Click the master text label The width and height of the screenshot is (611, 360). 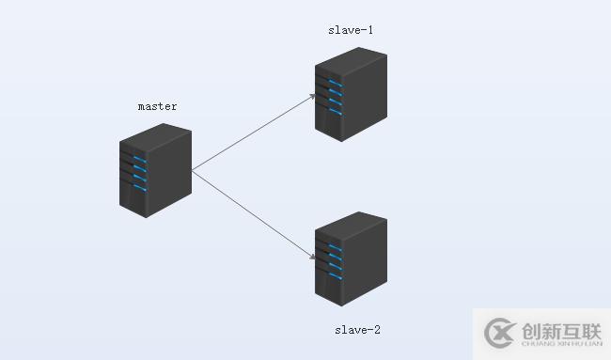(157, 106)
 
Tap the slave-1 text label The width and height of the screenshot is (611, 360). (351, 29)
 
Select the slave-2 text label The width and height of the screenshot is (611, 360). (357, 330)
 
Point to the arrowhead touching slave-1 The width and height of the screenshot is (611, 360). (312, 96)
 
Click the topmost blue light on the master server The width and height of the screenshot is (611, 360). (139, 157)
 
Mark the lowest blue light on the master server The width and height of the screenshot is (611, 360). (139, 188)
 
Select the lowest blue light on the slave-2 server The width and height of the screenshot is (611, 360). (335, 277)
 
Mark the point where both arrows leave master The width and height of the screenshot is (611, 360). (192, 170)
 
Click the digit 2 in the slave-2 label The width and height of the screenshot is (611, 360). (377, 330)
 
